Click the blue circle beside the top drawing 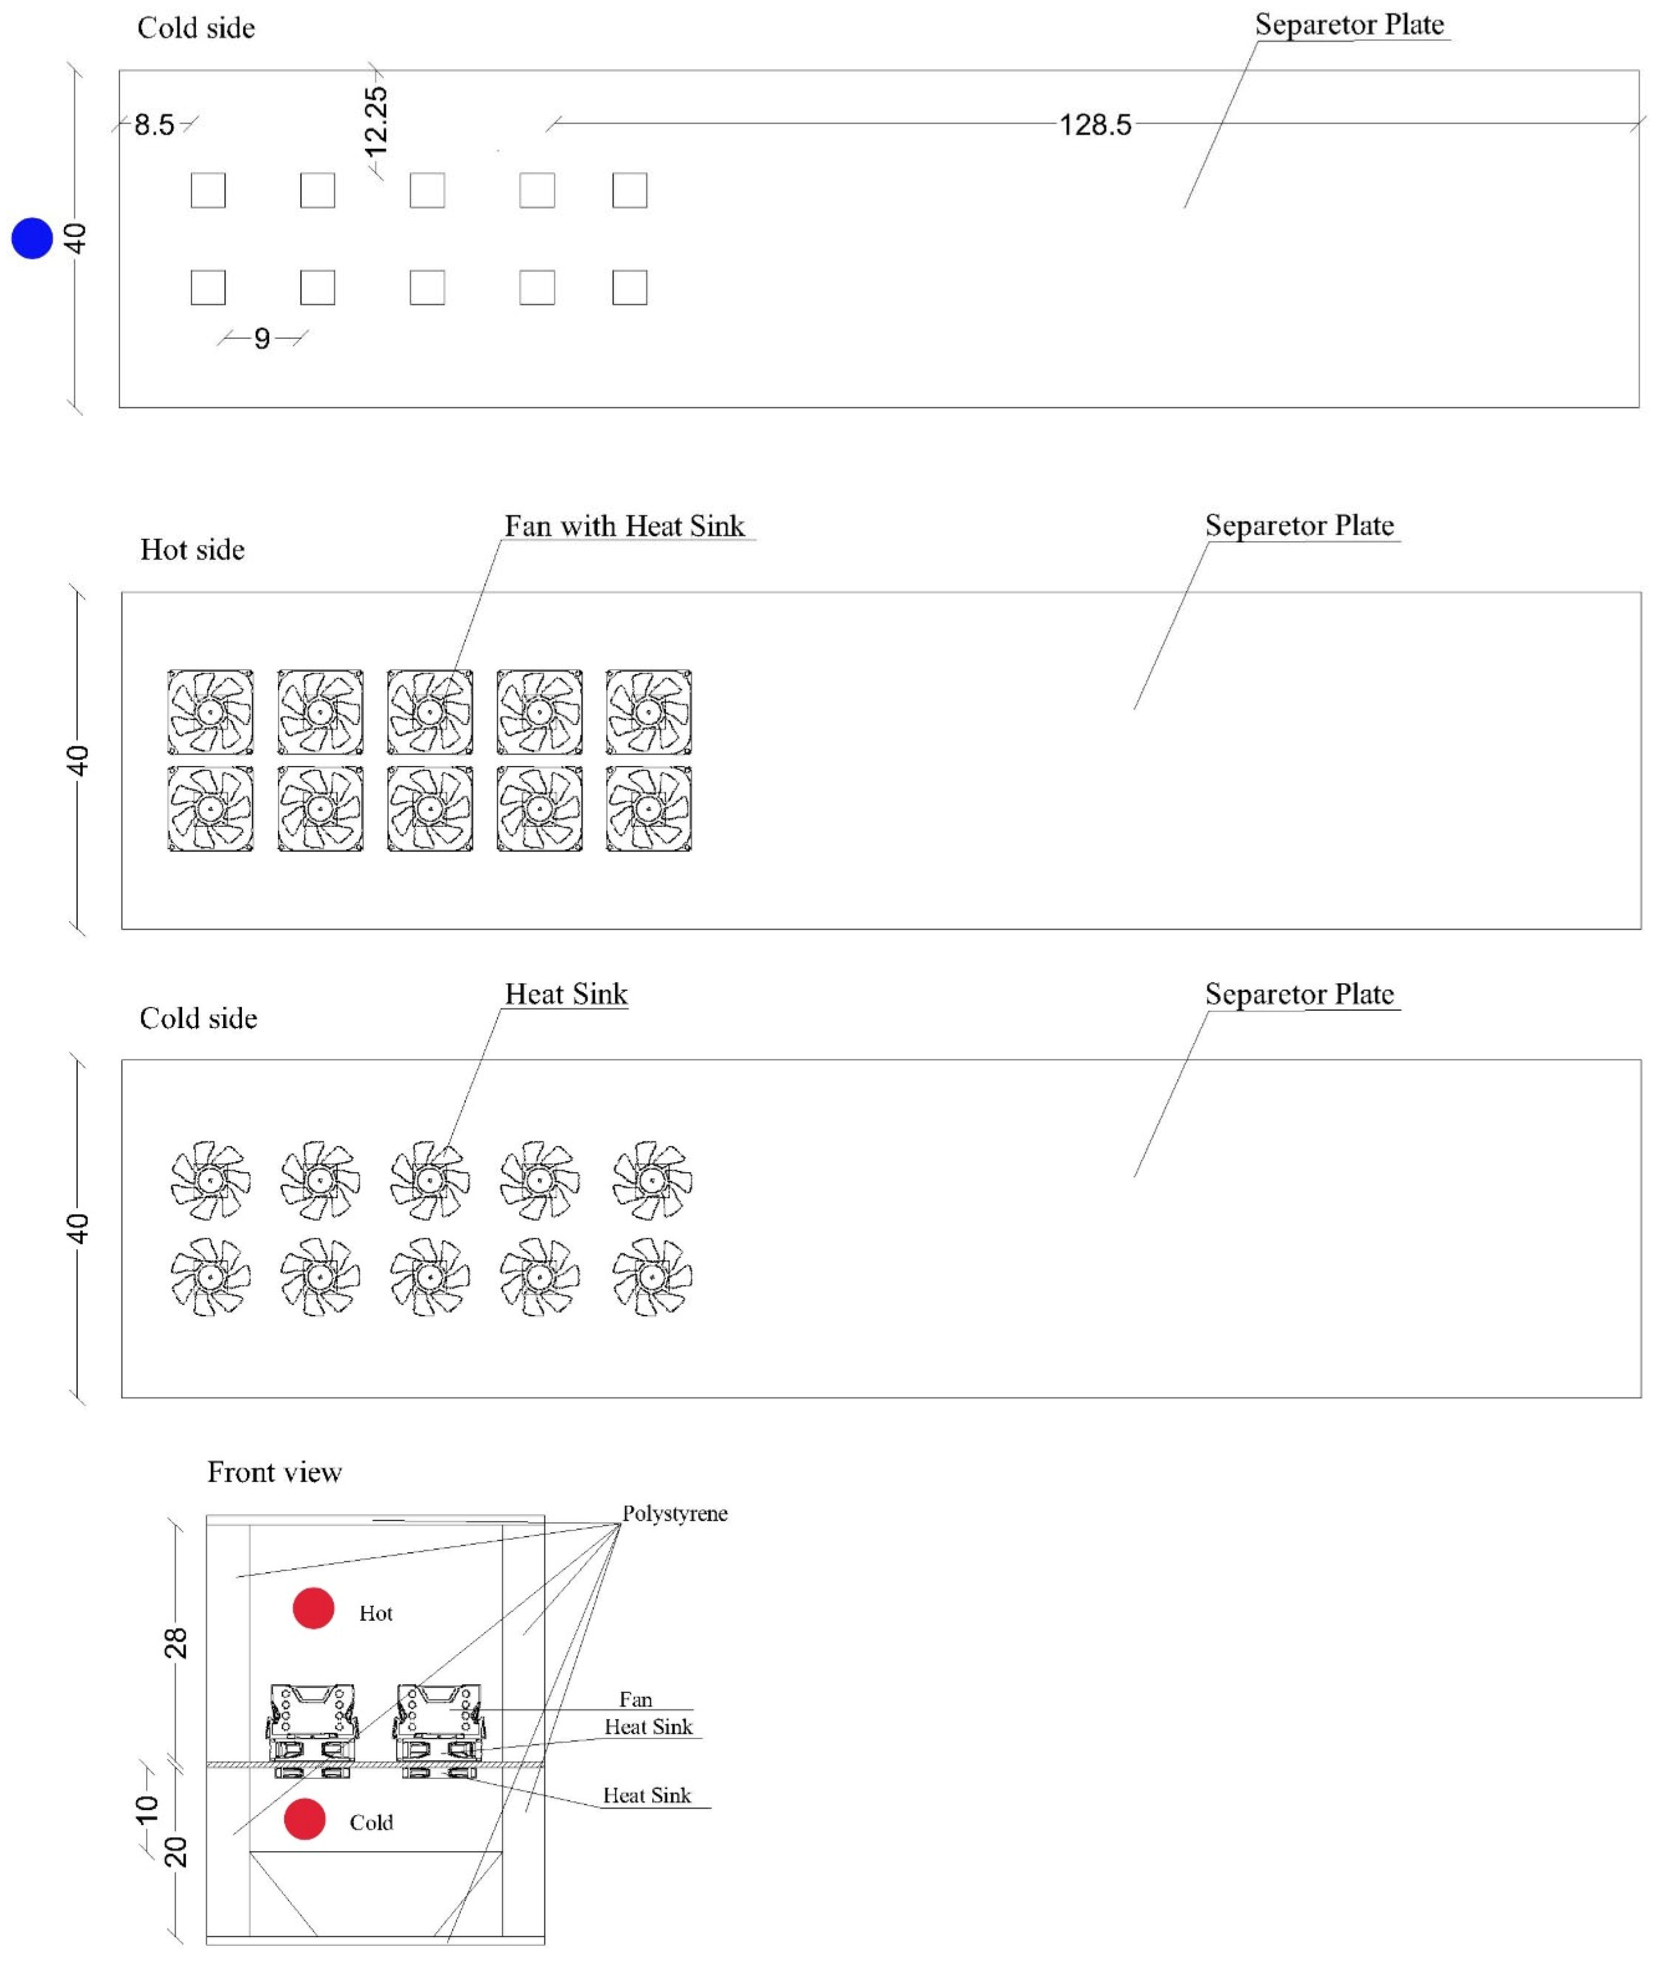click(x=32, y=239)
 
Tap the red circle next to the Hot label click(x=314, y=1609)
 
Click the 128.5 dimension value click(x=1096, y=125)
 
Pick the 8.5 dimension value click(x=154, y=125)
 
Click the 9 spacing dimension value click(x=262, y=338)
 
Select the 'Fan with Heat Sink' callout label click(x=624, y=525)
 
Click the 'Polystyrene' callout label click(x=675, y=1513)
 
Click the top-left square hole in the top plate click(x=209, y=190)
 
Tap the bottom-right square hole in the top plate click(x=630, y=287)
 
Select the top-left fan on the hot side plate click(x=210, y=712)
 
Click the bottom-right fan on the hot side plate click(x=648, y=809)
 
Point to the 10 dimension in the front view click(x=147, y=1808)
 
